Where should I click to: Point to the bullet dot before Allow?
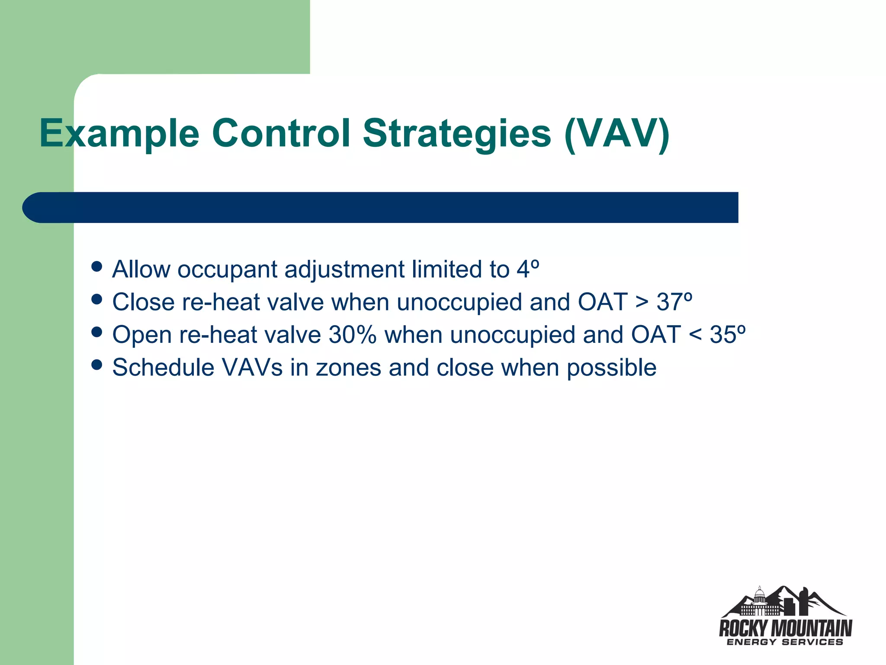pos(97,266)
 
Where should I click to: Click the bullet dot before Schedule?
pos(97,365)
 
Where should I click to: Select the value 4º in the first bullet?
pos(528,269)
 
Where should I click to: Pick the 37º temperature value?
pos(674,302)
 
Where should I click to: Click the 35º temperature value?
pos(727,335)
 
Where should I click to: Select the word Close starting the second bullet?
pos(143,302)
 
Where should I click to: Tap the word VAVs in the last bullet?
pos(252,368)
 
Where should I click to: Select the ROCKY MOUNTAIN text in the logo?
pos(785,628)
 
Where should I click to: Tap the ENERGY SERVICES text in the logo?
pos(785,642)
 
